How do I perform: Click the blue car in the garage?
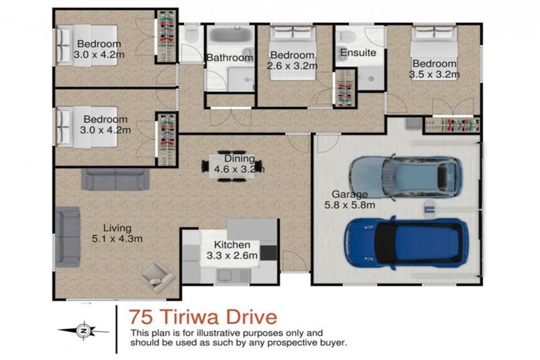click(405, 243)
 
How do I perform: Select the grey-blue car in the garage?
click(405, 179)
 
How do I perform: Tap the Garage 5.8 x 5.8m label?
click(349, 200)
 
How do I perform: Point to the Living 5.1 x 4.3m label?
click(122, 233)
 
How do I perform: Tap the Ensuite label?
click(357, 53)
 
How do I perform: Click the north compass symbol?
click(84, 329)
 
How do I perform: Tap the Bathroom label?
click(229, 58)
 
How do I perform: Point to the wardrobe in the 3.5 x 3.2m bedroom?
click(451, 125)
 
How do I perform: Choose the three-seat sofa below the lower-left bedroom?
click(115, 179)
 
